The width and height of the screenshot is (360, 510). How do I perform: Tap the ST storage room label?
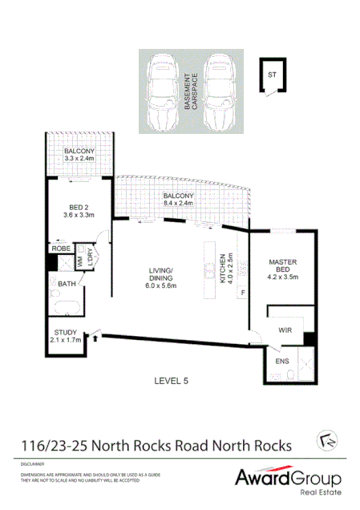[273, 76]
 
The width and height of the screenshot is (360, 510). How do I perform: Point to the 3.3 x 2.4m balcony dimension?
[79, 159]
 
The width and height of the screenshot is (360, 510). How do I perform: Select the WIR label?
[285, 330]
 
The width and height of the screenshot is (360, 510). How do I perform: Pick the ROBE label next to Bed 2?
[62, 249]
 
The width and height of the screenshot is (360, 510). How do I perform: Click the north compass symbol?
[326, 439]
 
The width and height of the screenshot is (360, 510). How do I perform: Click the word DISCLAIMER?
[33, 463]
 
